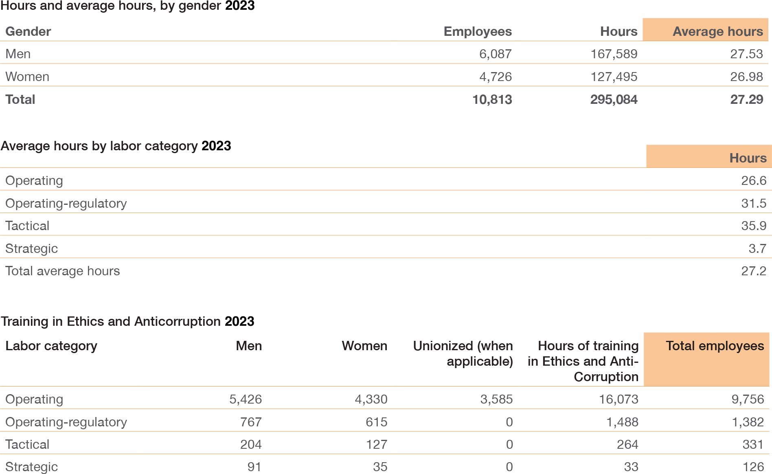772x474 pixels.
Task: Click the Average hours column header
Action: (717, 31)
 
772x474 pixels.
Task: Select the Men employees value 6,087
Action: (495, 54)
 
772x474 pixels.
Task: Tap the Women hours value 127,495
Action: (614, 77)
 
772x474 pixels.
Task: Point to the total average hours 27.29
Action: (746, 99)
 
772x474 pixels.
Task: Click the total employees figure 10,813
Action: (492, 99)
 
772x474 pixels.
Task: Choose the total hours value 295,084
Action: (614, 99)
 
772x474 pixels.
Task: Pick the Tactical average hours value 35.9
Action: (753, 226)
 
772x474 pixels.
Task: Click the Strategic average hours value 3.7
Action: (757, 248)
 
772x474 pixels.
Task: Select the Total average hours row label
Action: (63, 271)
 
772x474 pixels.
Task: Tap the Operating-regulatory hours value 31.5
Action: (753, 203)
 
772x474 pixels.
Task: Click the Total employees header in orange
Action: (715, 346)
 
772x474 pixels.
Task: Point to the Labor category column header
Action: (51, 346)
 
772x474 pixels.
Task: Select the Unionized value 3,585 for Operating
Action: (496, 399)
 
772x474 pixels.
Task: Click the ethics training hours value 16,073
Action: (618, 399)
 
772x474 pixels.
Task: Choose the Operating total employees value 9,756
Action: (748, 399)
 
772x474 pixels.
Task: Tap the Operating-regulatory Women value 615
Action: (376, 422)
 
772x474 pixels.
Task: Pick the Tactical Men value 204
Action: (251, 444)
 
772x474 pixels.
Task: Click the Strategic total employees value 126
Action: (753, 467)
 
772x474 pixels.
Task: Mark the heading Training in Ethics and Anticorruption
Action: (110, 321)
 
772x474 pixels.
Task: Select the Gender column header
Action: (28, 31)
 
